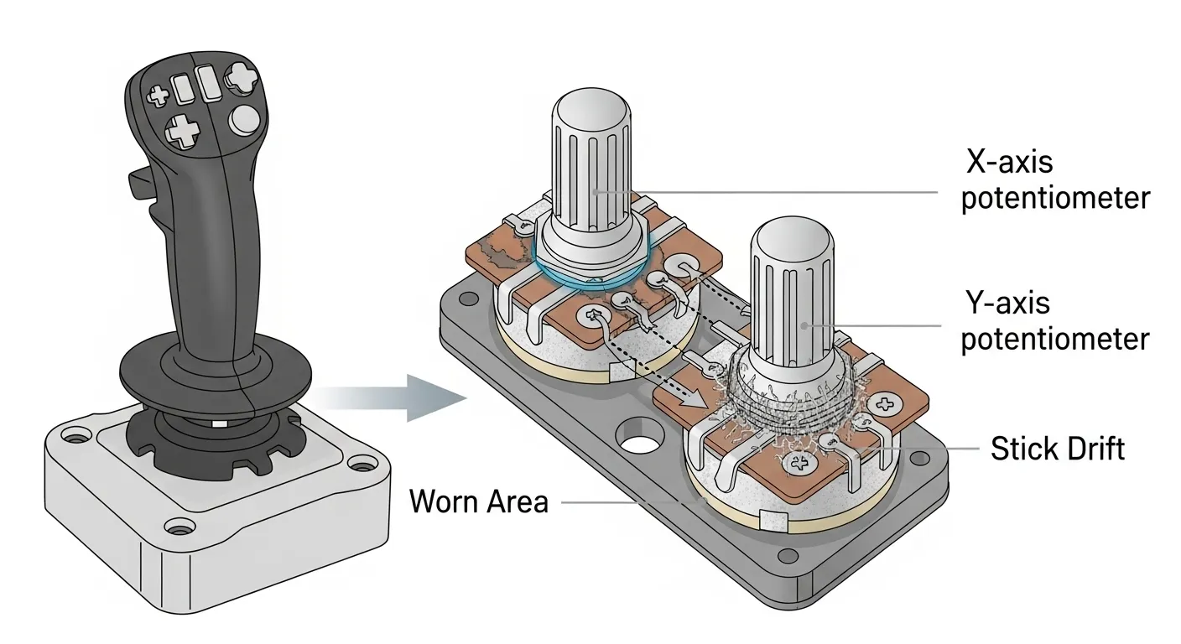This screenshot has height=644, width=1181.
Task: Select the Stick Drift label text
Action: coord(1057,449)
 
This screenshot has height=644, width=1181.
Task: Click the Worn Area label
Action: coord(478,501)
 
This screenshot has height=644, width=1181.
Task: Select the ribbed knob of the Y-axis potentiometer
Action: coord(791,285)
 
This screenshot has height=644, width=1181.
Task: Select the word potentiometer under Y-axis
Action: coord(1054,340)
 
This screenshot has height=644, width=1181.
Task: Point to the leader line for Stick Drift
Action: coord(931,449)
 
